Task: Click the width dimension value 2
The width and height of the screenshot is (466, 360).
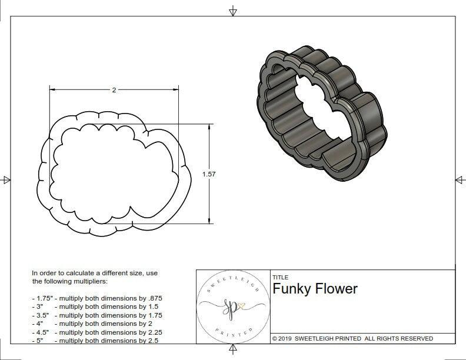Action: [114, 90]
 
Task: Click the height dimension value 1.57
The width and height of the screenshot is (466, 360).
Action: [208, 175]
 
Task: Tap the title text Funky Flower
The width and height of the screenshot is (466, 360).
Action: [315, 289]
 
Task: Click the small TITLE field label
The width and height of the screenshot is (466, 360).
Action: [280, 277]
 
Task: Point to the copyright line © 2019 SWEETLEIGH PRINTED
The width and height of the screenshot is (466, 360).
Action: [352, 338]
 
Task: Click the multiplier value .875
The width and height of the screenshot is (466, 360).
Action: [154, 298]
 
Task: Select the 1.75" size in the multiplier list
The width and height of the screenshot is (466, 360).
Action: [43, 298]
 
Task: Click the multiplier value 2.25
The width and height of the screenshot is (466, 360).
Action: [154, 332]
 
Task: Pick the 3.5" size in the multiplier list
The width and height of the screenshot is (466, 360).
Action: [41, 315]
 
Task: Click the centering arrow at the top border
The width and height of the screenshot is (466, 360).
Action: [233, 11]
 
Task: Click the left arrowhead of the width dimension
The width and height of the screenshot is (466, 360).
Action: [52, 90]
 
